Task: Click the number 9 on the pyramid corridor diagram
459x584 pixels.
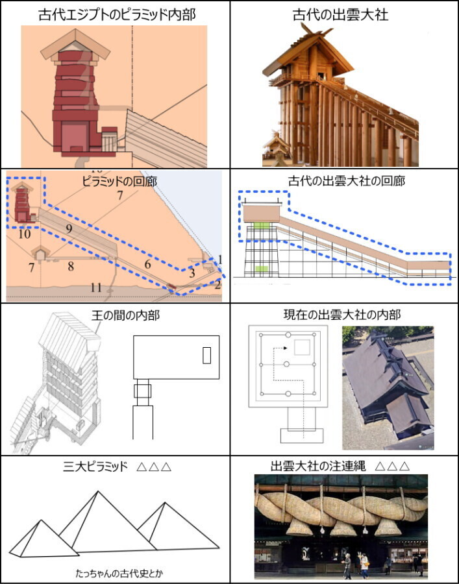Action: [69, 228]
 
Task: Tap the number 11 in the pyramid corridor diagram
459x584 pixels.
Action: [96, 287]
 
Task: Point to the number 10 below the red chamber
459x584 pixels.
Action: [24, 234]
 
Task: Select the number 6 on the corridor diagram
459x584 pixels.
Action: [147, 265]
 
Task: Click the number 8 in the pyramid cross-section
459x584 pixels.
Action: [70, 266]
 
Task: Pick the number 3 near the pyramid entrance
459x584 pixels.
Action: [192, 273]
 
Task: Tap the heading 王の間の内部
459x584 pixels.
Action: [125, 315]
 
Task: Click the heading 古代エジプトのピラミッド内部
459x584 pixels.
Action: [117, 14]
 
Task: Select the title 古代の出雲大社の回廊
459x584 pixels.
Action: [347, 181]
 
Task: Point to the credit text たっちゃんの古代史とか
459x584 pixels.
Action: [119, 573]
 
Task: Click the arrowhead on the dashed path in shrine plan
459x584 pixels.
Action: [285, 348]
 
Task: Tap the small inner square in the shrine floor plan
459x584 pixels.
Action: [302, 347]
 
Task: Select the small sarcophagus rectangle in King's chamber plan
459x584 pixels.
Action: [206, 356]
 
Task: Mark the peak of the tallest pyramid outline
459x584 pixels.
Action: [98, 491]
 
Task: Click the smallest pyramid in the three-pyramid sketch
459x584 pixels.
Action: [44, 539]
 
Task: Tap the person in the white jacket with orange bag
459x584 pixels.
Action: [364, 566]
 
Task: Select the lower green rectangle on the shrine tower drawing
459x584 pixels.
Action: [261, 268]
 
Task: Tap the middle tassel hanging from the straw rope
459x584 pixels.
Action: [341, 528]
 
